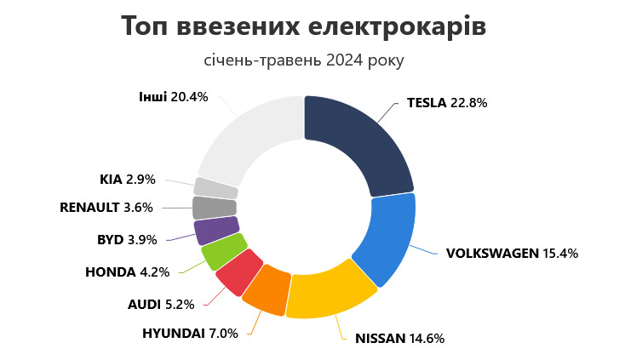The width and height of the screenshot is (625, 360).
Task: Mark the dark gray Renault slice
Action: [x=214, y=208]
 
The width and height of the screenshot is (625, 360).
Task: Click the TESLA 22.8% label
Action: [x=446, y=103]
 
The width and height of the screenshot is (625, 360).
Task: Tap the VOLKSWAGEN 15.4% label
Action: [x=512, y=253]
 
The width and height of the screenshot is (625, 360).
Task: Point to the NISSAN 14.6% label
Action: [x=393, y=337]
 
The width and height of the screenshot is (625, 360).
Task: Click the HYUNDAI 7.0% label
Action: [x=190, y=332]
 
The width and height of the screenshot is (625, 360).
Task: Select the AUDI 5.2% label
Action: [x=161, y=304]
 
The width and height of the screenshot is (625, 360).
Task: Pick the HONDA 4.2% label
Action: [x=128, y=272]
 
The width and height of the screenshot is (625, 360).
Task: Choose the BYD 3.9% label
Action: [x=128, y=239]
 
